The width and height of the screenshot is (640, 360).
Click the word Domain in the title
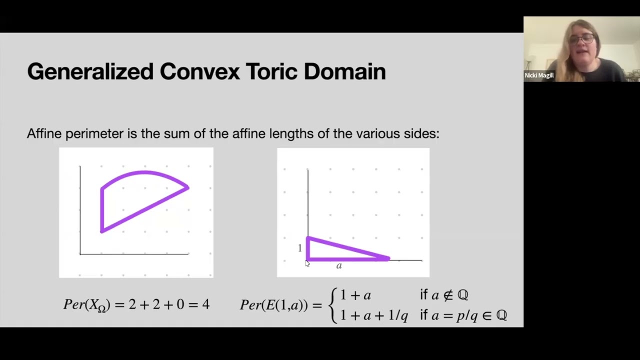(344, 72)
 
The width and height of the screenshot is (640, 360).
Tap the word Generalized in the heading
(90, 72)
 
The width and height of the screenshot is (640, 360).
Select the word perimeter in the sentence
(94, 134)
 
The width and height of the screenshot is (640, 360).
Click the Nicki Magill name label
(539, 75)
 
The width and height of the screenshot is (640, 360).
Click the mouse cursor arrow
(307, 263)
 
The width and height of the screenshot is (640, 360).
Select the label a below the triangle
(339, 266)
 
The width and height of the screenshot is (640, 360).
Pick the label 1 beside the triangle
(300, 248)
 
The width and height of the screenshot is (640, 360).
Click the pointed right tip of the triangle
(388, 258)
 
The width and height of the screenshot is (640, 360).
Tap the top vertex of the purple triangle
(308, 238)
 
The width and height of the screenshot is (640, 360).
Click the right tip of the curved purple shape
(188, 187)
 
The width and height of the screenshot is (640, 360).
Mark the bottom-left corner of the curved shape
(102, 231)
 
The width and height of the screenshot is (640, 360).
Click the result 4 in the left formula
(206, 304)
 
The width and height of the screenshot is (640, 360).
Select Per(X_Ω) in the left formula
(86, 305)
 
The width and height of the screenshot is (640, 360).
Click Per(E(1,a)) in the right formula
(273, 305)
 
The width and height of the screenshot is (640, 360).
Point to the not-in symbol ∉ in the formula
(448, 295)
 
